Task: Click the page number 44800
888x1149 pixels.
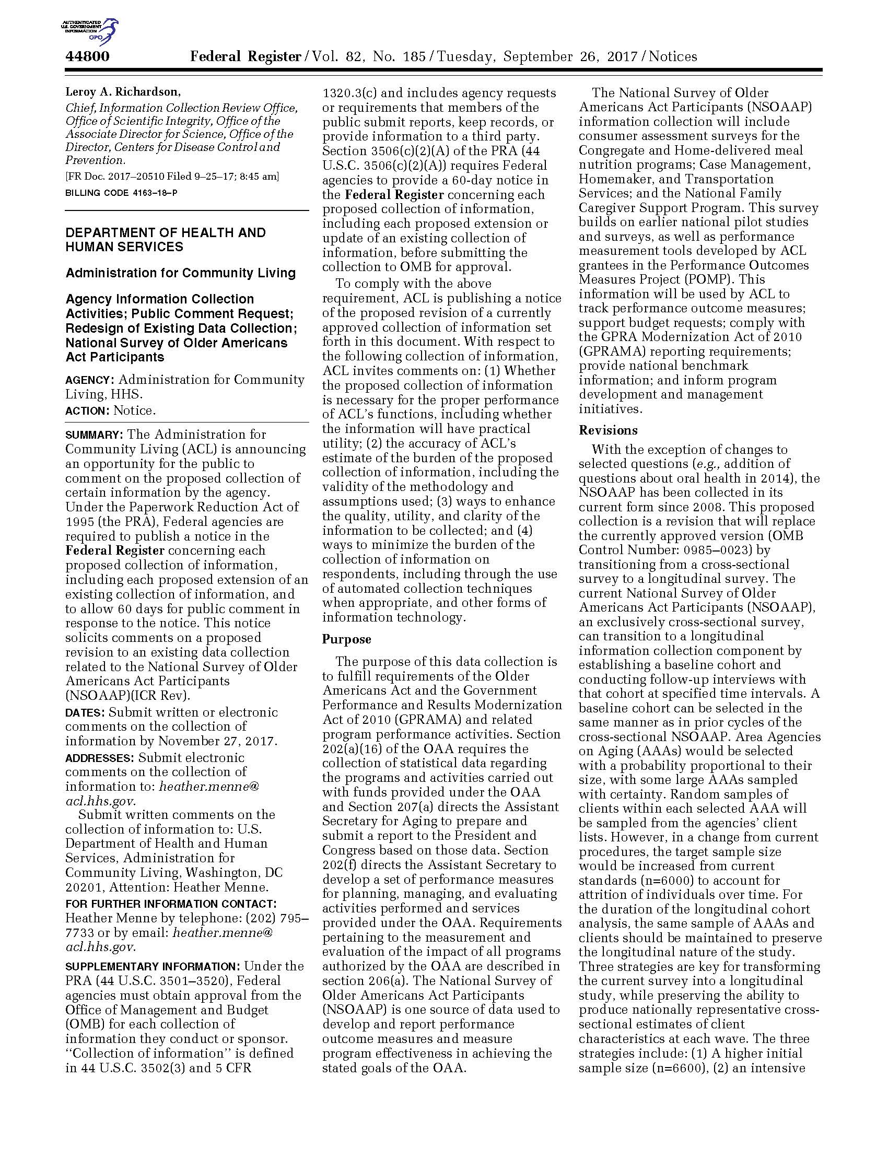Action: pyautogui.click(x=87, y=56)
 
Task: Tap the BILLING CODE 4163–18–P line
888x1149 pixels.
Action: pyautogui.click(x=121, y=193)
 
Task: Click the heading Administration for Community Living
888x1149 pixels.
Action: pyautogui.click(x=180, y=273)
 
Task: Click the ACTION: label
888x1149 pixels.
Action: pyautogui.click(x=87, y=411)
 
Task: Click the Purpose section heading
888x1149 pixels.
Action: pyautogui.click(x=347, y=639)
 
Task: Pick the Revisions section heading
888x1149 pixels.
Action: pyautogui.click(x=608, y=430)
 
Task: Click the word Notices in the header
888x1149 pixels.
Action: pyautogui.click(x=673, y=56)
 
